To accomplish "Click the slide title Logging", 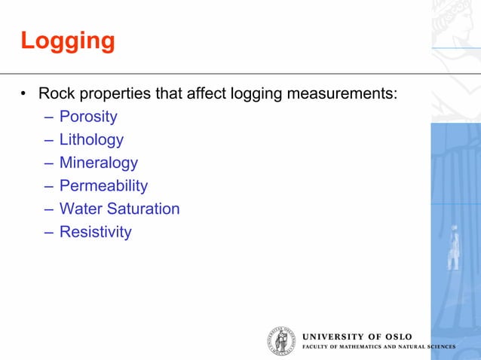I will point(67,41).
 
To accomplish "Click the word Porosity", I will point(88,117).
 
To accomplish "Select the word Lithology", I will point(91,140).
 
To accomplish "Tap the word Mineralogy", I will point(99,163).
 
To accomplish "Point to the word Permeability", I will point(103,186).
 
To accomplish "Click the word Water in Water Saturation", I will point(79,209).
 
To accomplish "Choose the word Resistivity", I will point(95,232).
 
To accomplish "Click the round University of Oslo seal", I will point(281,341).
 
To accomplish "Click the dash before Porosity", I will point(48,117).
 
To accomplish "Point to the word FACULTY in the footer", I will point(314,347).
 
